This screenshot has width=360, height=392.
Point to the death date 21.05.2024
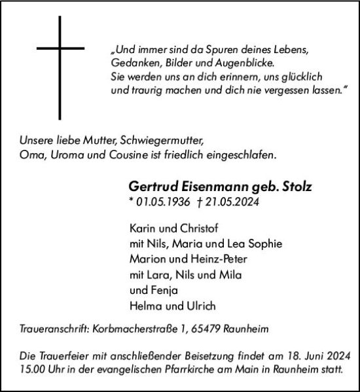tap(232, 202)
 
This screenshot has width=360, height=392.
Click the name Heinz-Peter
tap(211, 258)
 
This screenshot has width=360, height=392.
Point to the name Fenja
tap(162, 290)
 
